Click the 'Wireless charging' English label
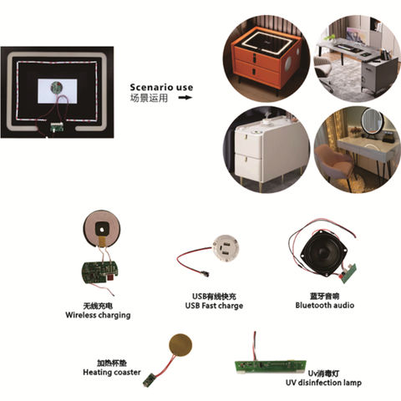tap(99, 316)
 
